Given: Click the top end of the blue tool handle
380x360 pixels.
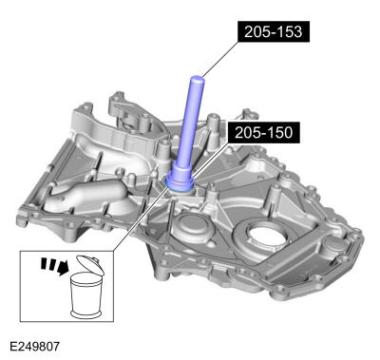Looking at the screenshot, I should tap(198, 77).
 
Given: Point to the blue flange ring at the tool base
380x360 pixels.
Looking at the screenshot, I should tap(181, 180).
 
